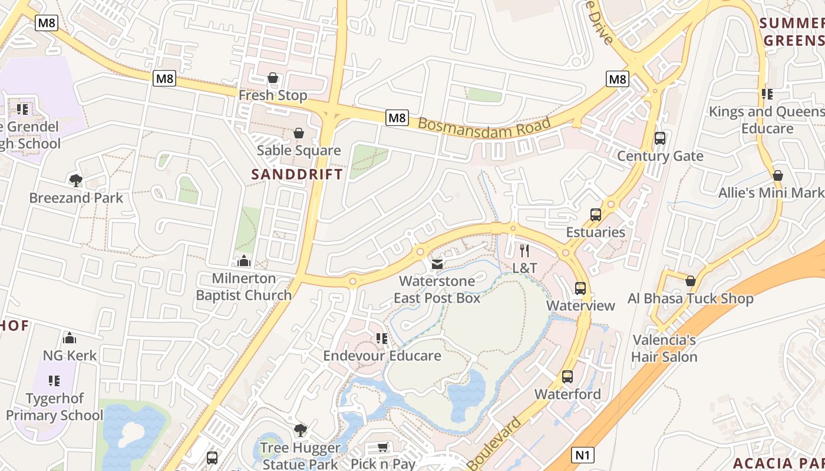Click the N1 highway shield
pyautogui.click(x=583, y=455)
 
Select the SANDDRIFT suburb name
pyautogui.click(x=297, y=174)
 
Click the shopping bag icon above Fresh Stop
pyautogui.click(x=273, y=78)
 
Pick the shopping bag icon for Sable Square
pyautogui.click(x=299, y=133)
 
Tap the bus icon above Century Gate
pyautogui.click(x=660, y=138)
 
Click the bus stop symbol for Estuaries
pyautogui.click(x=596, y=215)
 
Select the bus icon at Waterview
pyautogui.click(x=580, y=288)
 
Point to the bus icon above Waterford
pyautogui.click(x=567, y=377)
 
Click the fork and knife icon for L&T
pyautogui.click(x=524, y=251)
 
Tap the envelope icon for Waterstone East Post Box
pyautogui.click(x=437, y=264)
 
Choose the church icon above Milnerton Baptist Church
pyautogui.click(x=244, y=261)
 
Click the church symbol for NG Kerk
pyautogui.click(x=70, y=338)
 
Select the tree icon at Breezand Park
pyautogui.click(x=75, y=180)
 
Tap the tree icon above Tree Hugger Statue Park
pyautogui.click(x=301, y=430)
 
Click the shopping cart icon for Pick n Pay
pyautogui.click(x=383, y=447)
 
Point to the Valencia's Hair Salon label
pyautogui.click(x=664, y=349)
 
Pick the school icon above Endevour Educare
pyautogui.click(x=382, y=339)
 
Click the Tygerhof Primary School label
pyautogui.click(x=54, y=407)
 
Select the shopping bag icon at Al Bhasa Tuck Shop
pyautogui.click(x=691, y=281)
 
